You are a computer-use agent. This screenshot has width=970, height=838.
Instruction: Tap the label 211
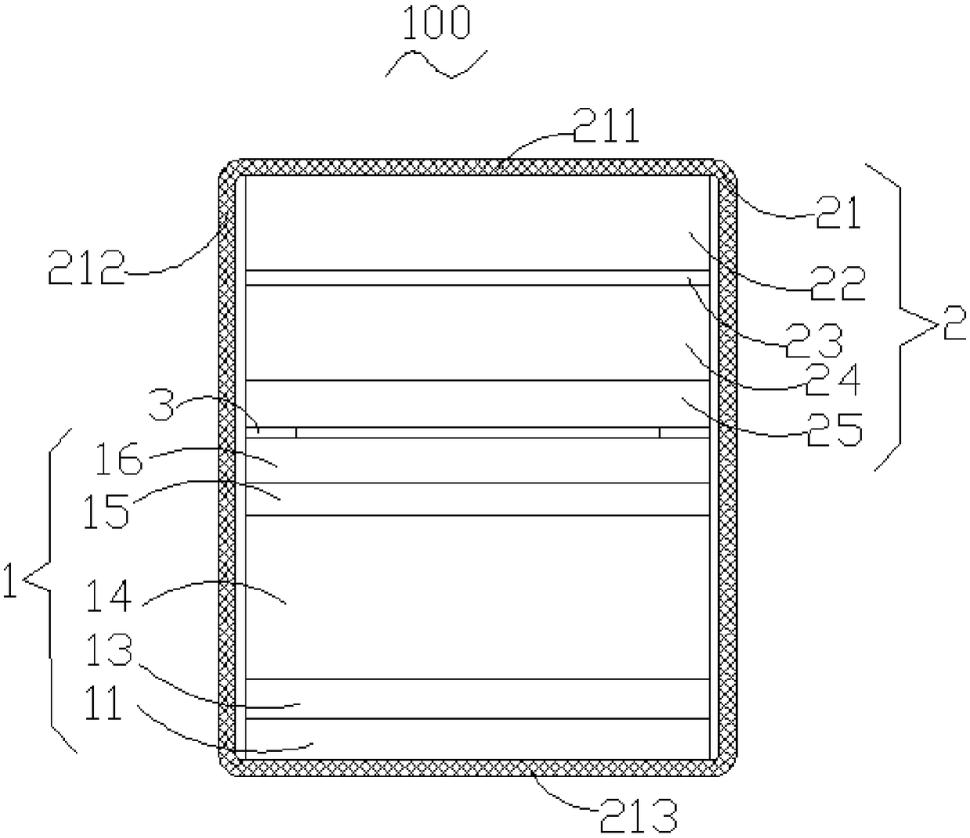pos(605,128)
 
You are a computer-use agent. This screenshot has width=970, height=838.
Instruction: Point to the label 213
pos(638,815)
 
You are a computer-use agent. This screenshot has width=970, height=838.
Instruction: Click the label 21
pos(836,213)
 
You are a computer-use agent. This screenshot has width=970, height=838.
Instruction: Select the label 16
pos(117,459)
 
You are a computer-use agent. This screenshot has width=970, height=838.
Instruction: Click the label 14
pos(109,598)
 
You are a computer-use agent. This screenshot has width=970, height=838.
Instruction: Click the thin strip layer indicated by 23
pos(477,278)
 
